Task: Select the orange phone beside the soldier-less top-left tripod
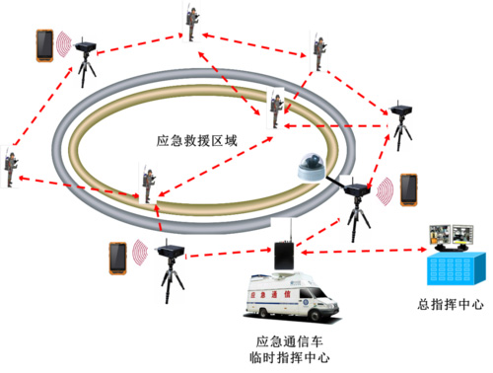[x=44, y=45]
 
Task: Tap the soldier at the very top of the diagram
[x=188, y=23]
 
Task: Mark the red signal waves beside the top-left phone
[x=65, y=44]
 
